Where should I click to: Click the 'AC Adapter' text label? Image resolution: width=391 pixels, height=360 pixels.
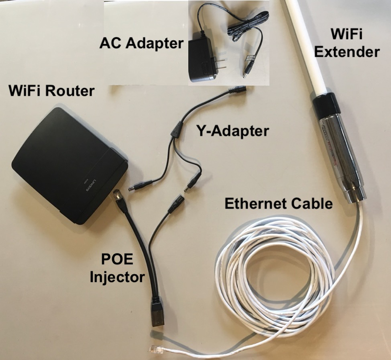141,44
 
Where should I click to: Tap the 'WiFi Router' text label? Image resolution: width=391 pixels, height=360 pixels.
51,91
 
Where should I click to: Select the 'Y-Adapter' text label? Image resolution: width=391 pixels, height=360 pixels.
232,132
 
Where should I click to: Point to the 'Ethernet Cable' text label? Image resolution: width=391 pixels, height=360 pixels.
278,204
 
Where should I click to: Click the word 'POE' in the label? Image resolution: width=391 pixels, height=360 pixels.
117,261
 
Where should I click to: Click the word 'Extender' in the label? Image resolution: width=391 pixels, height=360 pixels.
353,52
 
